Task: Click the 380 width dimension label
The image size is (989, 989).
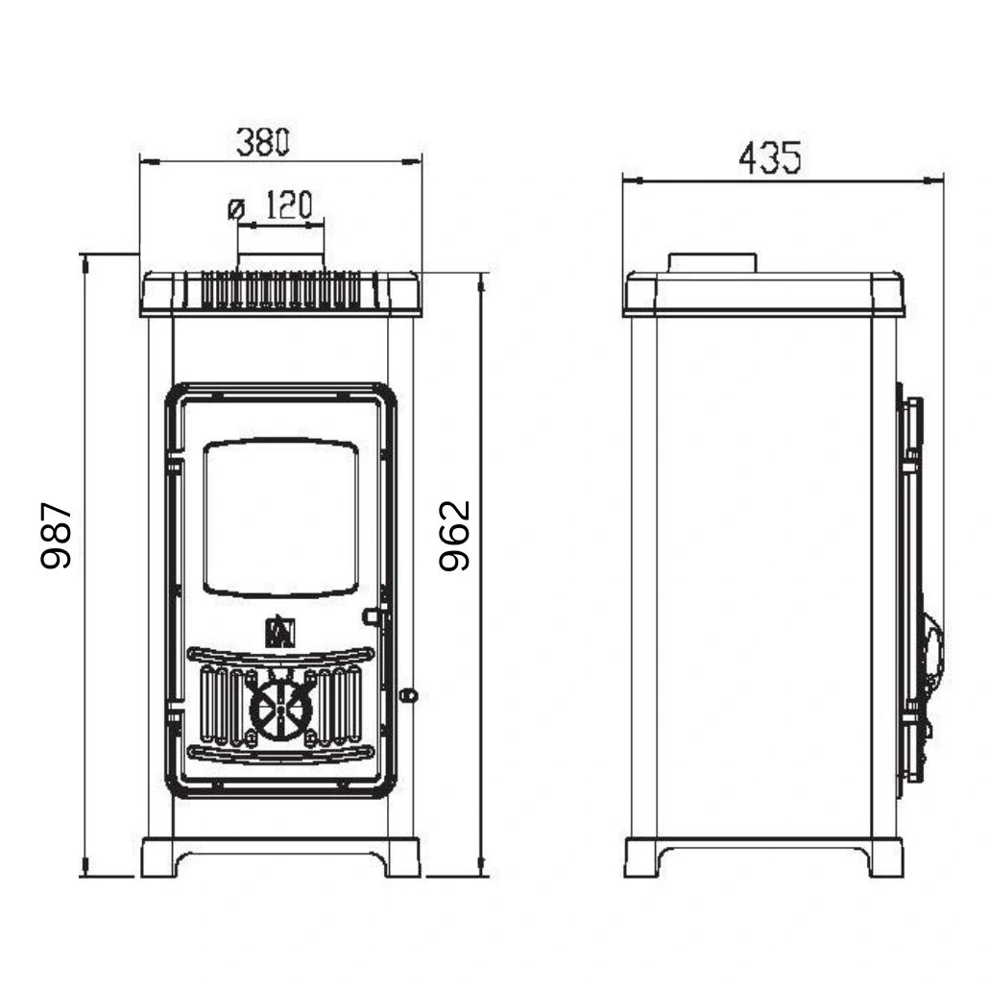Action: [x=262, y=143]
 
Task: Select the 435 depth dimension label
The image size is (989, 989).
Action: [x=768, y=157]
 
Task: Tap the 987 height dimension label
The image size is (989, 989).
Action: [x=58, y=536]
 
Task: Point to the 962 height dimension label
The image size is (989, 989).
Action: [x=454, y=536]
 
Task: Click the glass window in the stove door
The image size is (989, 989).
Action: [x=282, y=518]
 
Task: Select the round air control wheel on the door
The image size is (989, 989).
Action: [x=280, y=711]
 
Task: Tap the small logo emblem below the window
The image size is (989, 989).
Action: [x=280, y=631]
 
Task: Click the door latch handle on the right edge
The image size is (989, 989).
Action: [x=374, y=615]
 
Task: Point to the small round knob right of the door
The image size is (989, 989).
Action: [x=408, y=694]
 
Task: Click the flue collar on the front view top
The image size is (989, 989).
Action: [x=280, y=262]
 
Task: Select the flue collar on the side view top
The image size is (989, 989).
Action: [x=712, y=263]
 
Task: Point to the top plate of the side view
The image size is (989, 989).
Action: [x=763, y=294]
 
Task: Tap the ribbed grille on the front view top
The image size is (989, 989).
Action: [x=280, y=289]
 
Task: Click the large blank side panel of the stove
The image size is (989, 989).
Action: [x=763, y=576]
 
